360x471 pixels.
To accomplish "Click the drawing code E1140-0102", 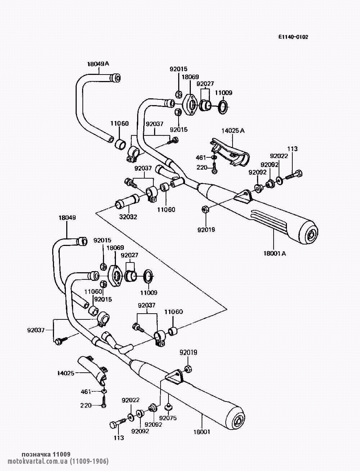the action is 293,37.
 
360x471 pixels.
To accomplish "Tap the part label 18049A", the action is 98,64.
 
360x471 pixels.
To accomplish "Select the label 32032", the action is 128,217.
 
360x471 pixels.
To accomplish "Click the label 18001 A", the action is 275,254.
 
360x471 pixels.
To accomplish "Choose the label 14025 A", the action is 233,130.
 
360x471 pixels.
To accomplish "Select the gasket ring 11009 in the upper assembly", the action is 223,106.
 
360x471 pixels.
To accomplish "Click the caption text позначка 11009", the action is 46,454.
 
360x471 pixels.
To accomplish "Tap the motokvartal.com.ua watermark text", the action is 58,462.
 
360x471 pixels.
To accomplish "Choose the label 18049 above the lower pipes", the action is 67,217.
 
